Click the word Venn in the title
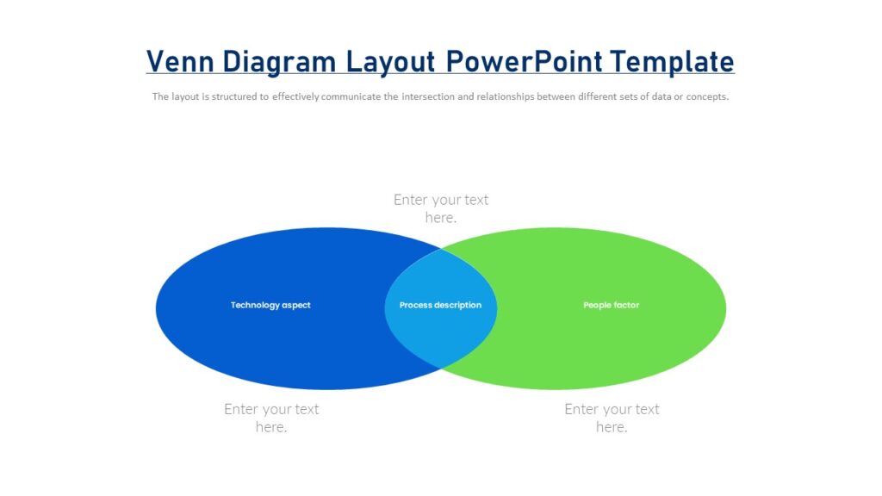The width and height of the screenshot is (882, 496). (x=180, y=62)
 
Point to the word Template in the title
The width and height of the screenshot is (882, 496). (x=673, y=62)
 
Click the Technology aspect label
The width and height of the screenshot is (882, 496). (x=270, y=306)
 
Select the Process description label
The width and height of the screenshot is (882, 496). (x=440, y=306)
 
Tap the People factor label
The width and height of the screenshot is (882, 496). (x=611, y=306)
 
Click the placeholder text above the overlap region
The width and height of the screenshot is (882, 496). (x=441, y=208)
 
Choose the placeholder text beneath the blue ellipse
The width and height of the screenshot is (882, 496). (x=271, y=418)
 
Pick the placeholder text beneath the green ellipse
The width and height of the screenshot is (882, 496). (x=612, y=418)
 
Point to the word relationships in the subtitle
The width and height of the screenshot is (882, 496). (x=504, y=97)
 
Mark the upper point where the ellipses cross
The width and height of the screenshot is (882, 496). (x=441, y=249)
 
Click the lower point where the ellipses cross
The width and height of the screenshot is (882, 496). (x=441, y=369)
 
